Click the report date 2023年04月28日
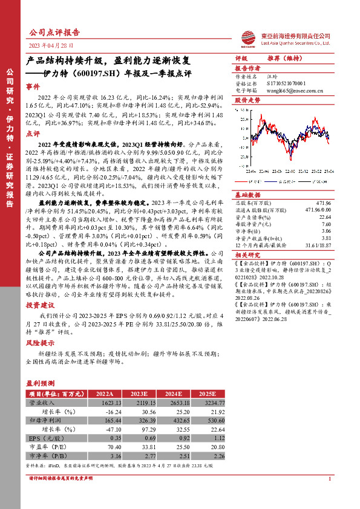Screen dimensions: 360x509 coord(51,46)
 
